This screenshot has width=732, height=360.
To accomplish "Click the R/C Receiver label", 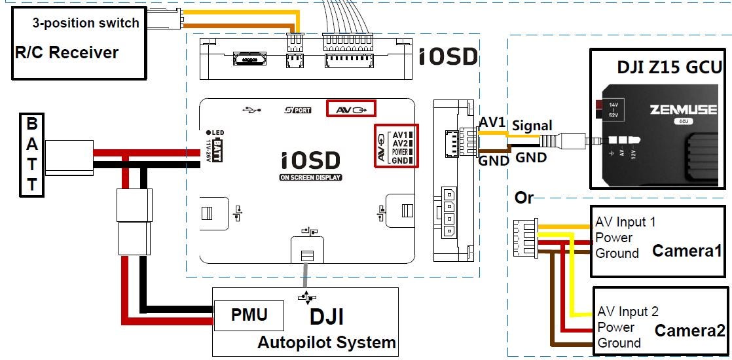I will (67, 52).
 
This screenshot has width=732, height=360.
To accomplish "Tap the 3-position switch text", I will (86, 23).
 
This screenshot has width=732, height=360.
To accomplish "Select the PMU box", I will (249, 315).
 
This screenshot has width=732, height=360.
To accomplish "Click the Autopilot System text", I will (326, 342).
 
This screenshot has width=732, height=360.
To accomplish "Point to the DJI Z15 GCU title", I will (669, 67).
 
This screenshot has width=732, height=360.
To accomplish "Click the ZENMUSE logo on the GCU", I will (683, 110).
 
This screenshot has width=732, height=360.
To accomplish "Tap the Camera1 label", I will (687, 251).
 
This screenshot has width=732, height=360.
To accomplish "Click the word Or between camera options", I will (524, 197).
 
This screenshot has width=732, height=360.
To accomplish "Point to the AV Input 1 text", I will (625, 223).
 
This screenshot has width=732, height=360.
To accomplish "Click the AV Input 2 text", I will (628, 312).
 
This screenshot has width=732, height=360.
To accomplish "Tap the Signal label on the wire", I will (532, 125).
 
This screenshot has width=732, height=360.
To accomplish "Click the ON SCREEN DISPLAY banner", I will (310, 177).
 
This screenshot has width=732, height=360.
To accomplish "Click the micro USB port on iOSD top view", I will (250, 61).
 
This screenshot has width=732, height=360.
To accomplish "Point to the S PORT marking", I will (299, 110).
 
